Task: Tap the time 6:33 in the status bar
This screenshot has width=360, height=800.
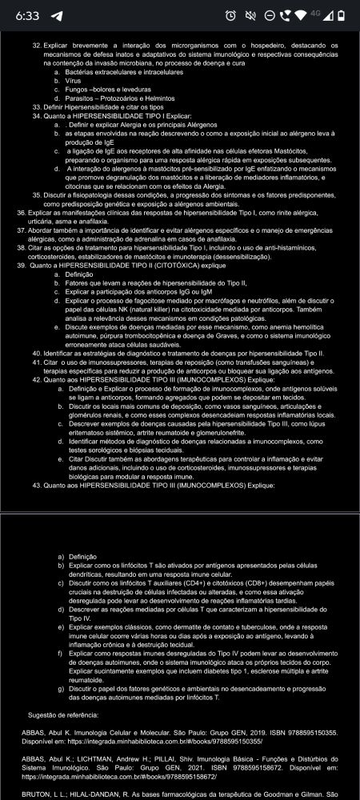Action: click(27, 15)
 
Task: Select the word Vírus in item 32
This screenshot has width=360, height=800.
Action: click(73, 80)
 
